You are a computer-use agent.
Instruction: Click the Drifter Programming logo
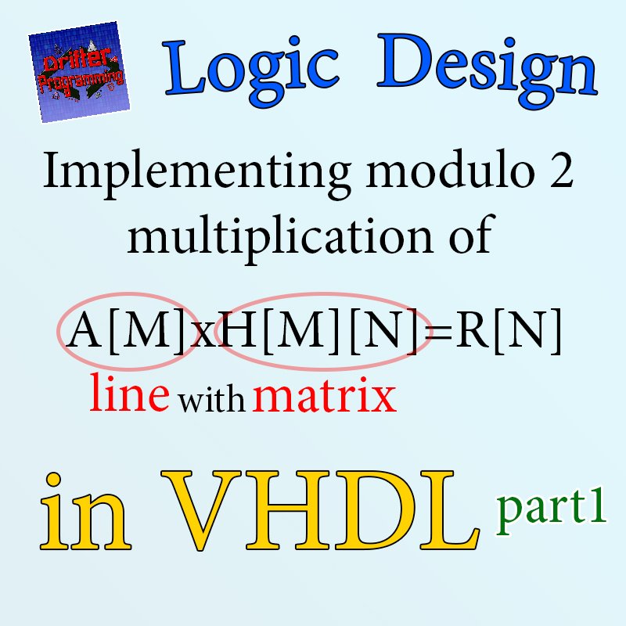coord(79,72)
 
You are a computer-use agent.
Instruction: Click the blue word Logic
coord(250,72)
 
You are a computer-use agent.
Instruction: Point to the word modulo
coord(452,170)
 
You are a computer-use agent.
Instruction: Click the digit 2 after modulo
coord(562,170)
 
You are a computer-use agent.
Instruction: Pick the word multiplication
coord(280,238)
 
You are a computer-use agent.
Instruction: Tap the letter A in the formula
coord(84,329)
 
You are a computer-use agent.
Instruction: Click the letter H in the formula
coord(239,329)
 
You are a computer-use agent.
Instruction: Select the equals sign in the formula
coord(438,332)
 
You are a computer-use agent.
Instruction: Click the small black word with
coord(211,399)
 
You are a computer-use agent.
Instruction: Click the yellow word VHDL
coord(319,510)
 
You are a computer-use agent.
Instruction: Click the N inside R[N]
coord(526,329)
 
